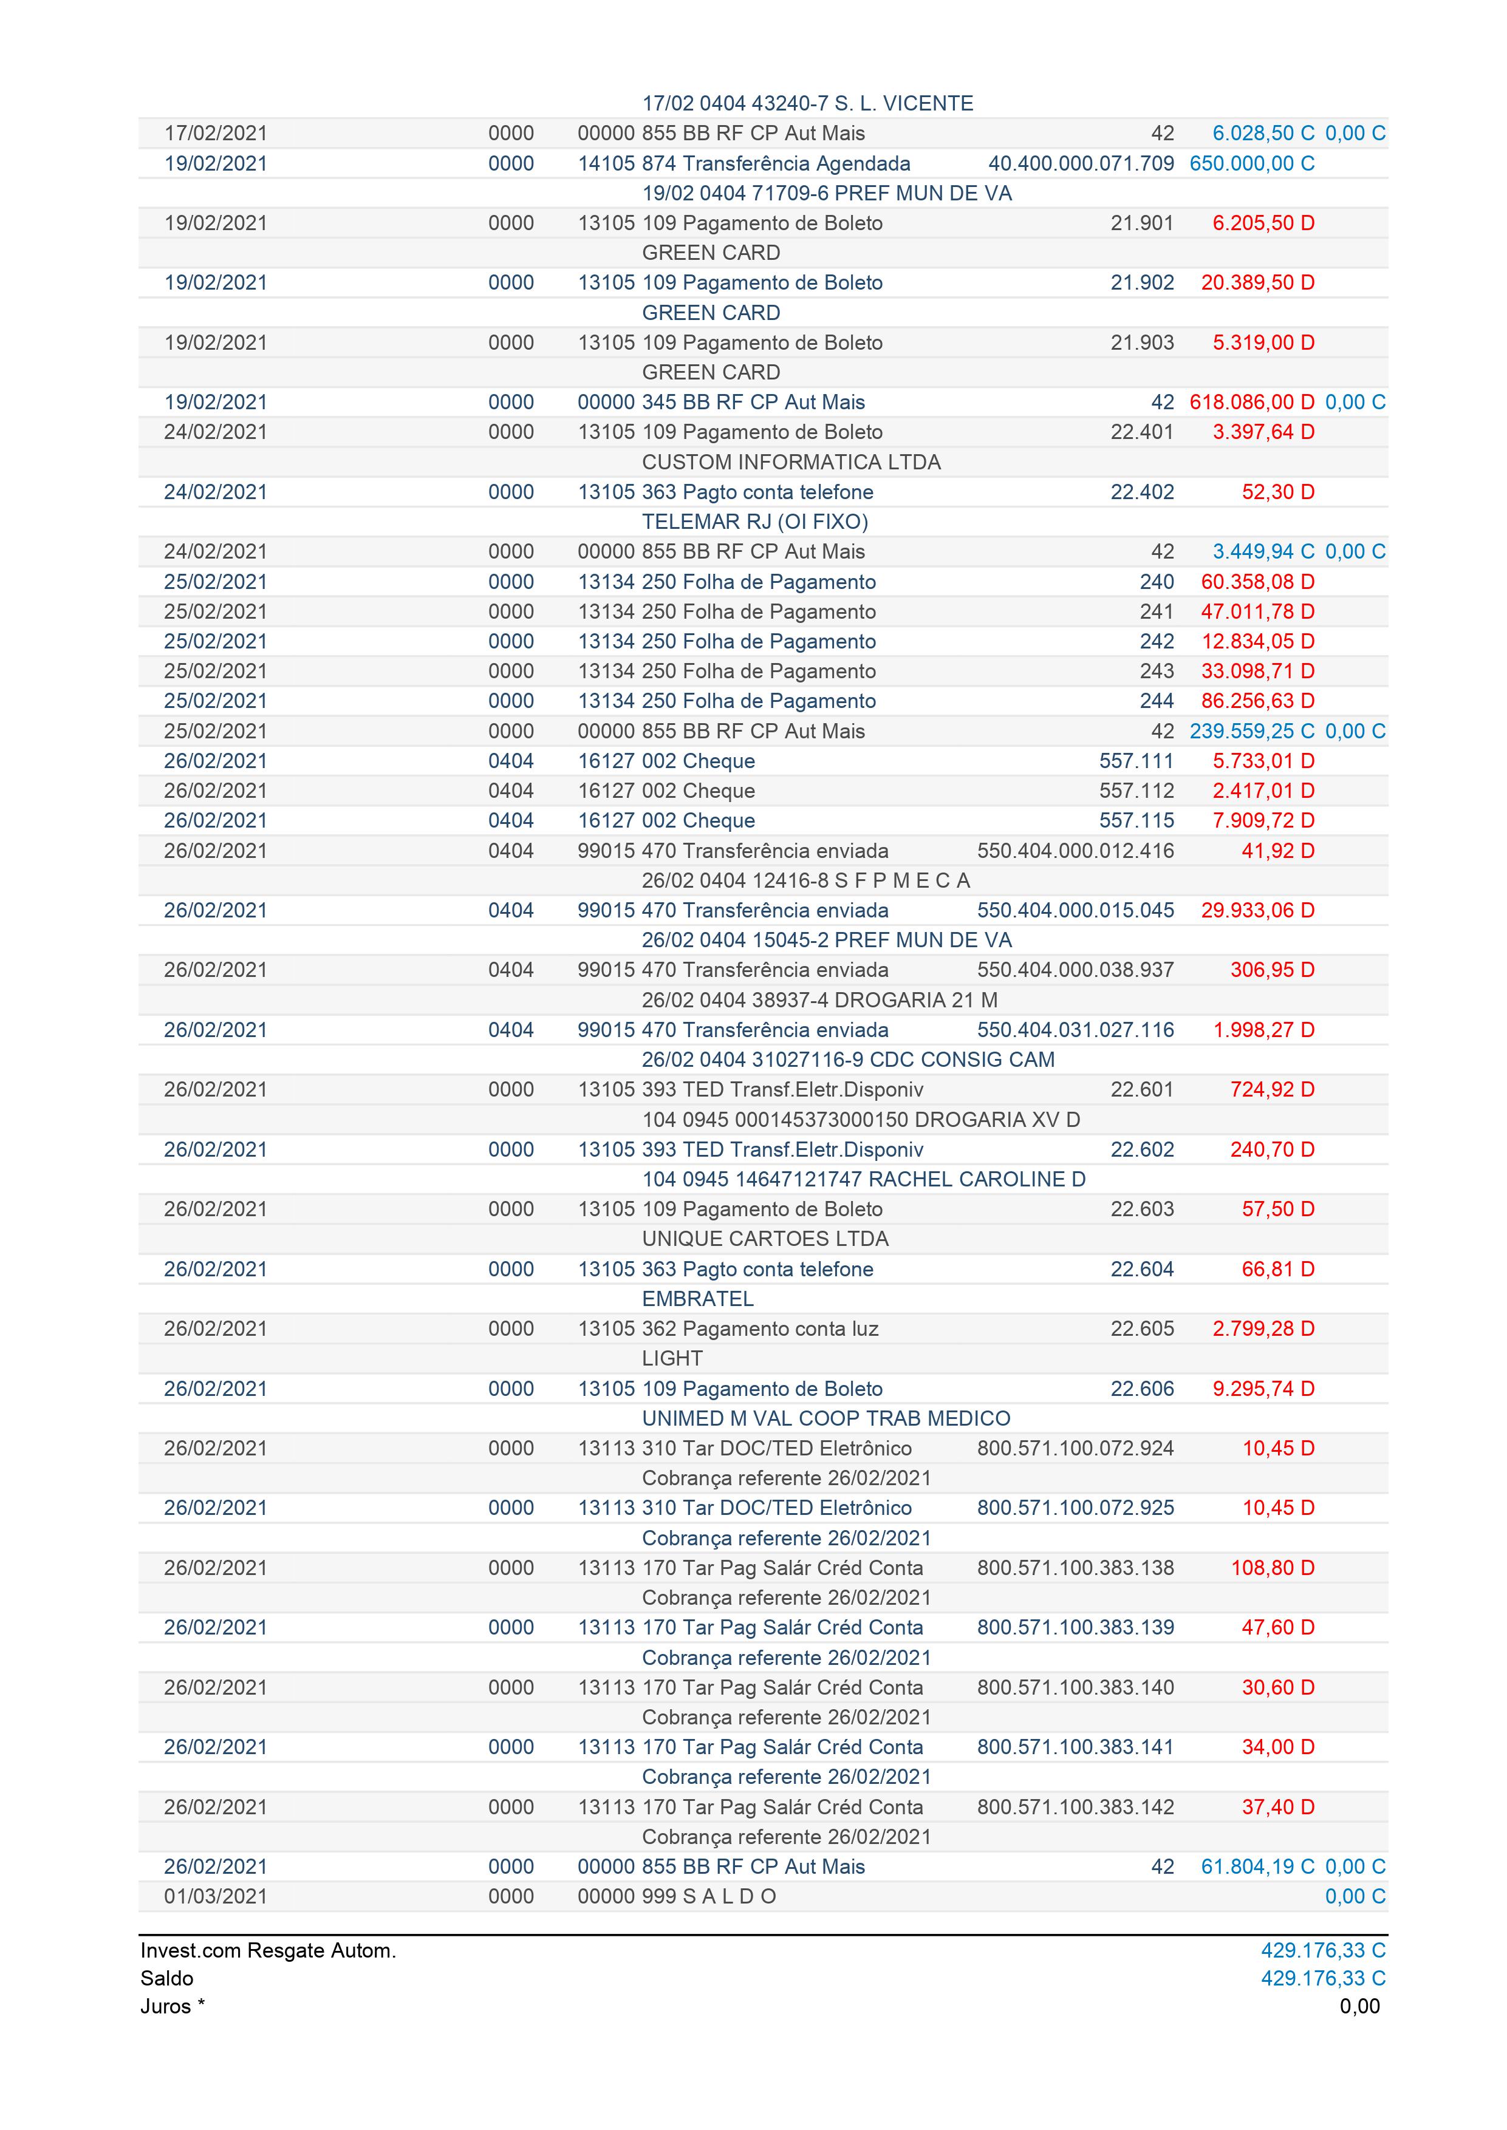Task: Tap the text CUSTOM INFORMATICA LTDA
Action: click(x=791, y=462)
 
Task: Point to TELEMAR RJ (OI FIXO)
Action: click(x=754, y=522)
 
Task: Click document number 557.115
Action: click(x=1136, y=820)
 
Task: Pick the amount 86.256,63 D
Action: click(x=1257, y=701)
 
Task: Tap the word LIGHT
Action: click(x=672, y=1358)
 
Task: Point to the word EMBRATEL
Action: click(x=698, y=1299)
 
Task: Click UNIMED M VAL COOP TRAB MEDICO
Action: click(x=826, y=1418)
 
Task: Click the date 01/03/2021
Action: click(x=215, y=1896)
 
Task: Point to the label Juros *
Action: click(x=173, y=2006)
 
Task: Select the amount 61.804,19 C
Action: click(x=1257, y=1866)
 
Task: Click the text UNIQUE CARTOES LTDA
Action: click(x=765, y=1239)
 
